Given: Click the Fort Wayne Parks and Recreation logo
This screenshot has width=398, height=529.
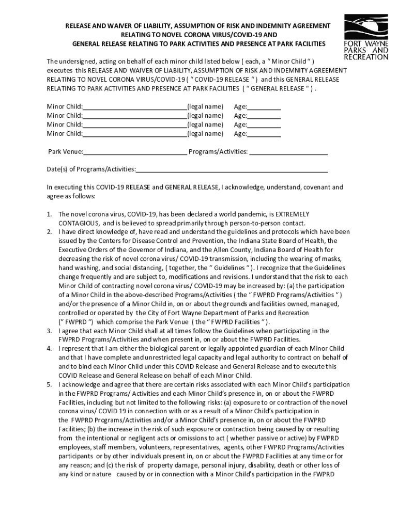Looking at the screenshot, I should coord(366,38).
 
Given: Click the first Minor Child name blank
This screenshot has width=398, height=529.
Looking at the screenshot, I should coord(135,107).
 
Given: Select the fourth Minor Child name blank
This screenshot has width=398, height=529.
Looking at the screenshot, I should coord(135,134).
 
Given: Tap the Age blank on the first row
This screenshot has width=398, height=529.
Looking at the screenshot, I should coord(264,107).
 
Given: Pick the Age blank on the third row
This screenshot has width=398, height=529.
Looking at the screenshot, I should coord(264,125).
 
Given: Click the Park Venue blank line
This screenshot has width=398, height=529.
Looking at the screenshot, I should coord(135,152).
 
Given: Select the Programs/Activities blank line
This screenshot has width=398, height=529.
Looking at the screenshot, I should coord(289,152).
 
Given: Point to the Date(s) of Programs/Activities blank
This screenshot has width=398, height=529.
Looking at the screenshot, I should coord(232,169).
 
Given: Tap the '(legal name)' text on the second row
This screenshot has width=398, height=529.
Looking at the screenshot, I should coord(205,116).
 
